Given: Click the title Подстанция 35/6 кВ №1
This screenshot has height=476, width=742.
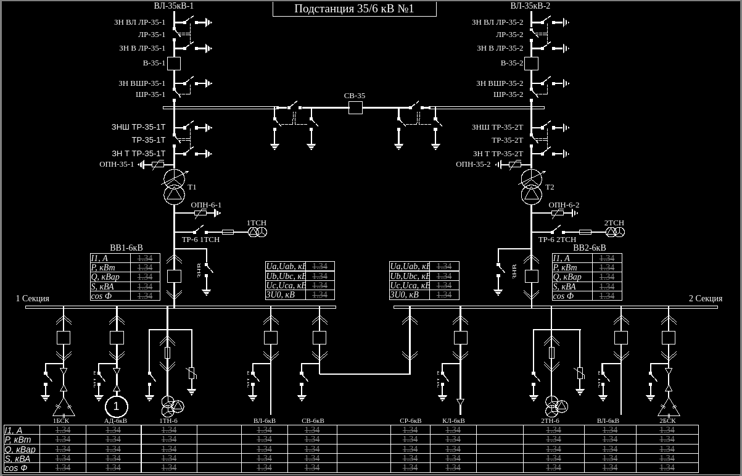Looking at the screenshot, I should pyautogui.click(x=354, y=9).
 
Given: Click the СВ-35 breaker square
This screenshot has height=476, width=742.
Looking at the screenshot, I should pyautogui.click(x=355, y=107).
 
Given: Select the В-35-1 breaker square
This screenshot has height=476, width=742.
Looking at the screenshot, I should pyautogui.click(x=174, y=63).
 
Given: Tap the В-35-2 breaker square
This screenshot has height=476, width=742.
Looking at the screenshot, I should pyautogui.click(x=531, y=63).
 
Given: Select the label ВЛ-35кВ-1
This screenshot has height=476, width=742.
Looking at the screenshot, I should pyautogui.click(x=174, y=6).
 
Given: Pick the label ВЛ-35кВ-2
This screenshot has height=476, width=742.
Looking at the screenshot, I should pyautogui.click(x=530, y=6).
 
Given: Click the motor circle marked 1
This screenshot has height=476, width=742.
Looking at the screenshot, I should pyautogui.click(x=116, y=406).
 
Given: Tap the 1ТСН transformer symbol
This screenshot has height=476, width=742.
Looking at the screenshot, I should pyautogui.click(x=257, y=232).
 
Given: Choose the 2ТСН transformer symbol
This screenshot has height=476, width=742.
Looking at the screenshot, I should pyautogui.click(x=615, y=232).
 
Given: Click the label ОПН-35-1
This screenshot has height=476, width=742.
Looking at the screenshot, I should pyautogui.click(x=117, y=164).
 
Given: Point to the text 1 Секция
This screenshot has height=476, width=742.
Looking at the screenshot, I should pyautogui.click(x=33, y=298).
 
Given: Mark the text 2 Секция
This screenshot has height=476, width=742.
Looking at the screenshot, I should pyautogui.click(x=706, y=298).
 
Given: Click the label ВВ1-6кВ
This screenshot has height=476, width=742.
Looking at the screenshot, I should pyautogui.click(x=126, y=248).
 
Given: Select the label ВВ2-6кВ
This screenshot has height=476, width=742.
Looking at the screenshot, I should pyautogui.click(x=590, y=248).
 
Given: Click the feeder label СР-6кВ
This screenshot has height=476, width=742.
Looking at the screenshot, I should pyautogui.click(x=410, y=421).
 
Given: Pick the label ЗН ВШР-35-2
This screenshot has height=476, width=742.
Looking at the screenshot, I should pyautogui.click(x=500, y=83).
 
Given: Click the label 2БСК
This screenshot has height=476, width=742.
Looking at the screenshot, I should pyautogui.click(x=667, y=421).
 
